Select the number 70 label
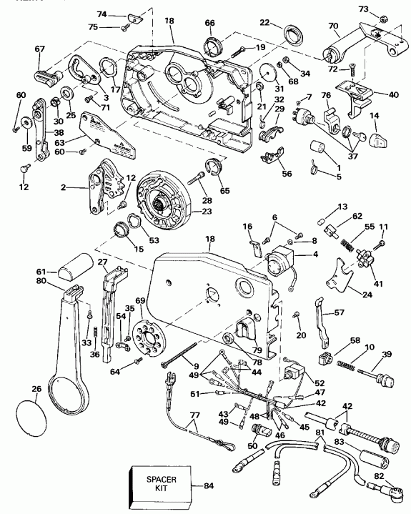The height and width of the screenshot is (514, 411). [332, 26]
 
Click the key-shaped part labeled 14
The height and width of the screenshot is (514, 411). [377, 137]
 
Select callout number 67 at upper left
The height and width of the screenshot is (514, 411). [39, 48]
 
